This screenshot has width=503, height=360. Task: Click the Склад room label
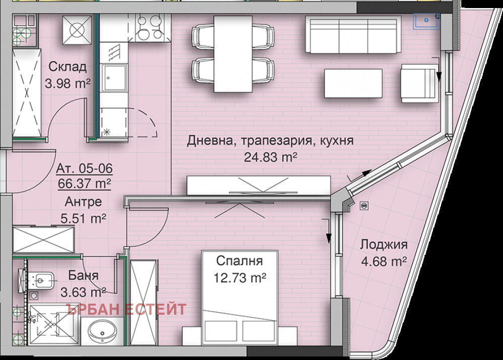pos(67,67)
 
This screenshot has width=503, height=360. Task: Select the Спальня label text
pos(240,261)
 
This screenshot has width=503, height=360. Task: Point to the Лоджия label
pos(383,245)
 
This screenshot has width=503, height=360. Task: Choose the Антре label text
pos(83,202)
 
